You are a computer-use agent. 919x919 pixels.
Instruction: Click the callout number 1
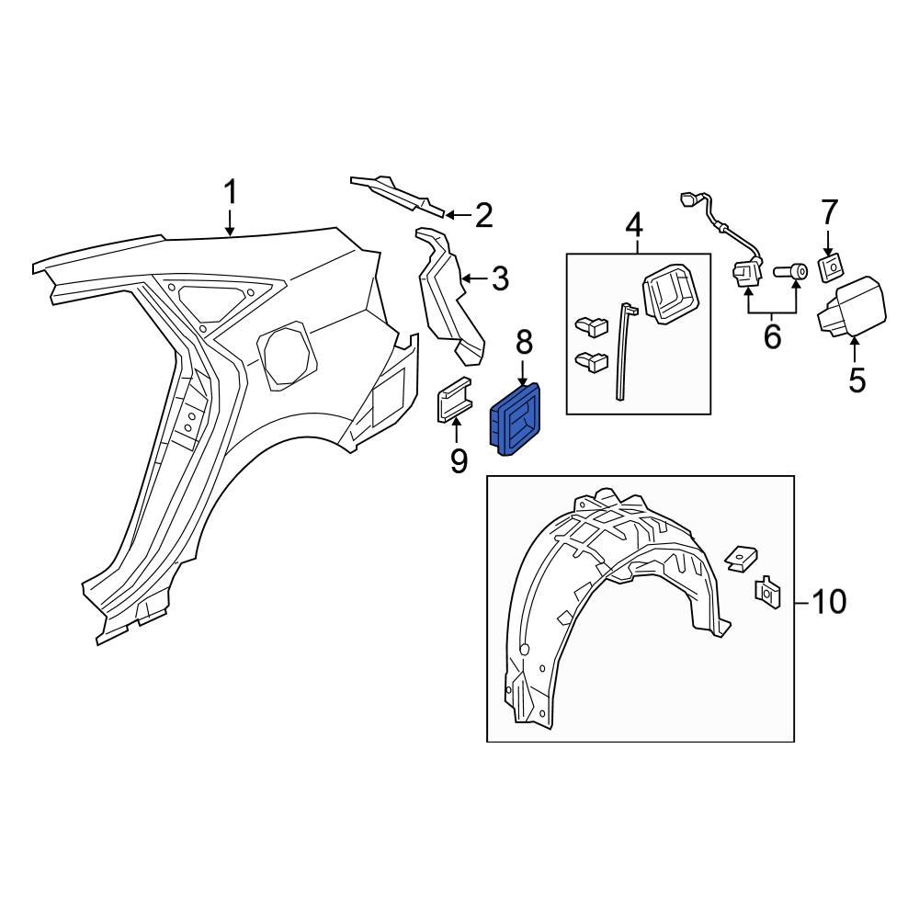(x=230, y=194)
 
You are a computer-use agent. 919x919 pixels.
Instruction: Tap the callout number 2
(x=483, y=216)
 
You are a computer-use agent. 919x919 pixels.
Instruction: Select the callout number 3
(x=499, y=278)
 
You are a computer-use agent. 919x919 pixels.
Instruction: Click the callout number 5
(x=857, y=379)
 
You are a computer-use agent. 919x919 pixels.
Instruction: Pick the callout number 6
(x=772, y=336)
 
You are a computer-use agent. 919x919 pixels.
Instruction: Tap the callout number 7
(x=829, y=213)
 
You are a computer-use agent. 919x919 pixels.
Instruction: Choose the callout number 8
(x=523, y=343)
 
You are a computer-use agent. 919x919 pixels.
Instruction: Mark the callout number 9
(x=459, y=459)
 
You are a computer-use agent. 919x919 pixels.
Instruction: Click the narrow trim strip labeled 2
(x=397, y=192)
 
